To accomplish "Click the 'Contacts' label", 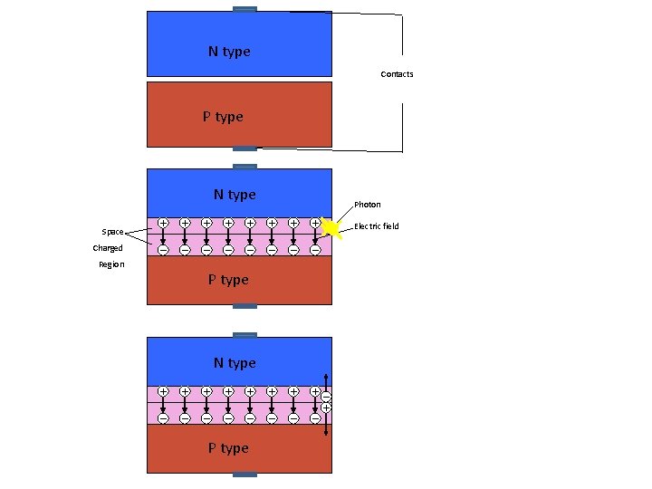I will (397, 74).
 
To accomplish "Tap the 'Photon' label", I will (368, 205).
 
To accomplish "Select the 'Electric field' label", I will (377, 226).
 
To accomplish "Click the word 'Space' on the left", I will (112, 232).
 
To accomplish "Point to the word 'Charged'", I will (108, 248).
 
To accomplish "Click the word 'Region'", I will (111, 264).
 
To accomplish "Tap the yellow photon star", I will (332, 229).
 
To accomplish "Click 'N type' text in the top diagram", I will (229, 52).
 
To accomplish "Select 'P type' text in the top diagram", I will (223, 117).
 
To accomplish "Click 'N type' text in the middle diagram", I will (235, 195).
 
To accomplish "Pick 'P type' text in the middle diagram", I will (228, 280).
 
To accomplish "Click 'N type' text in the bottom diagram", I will (235, 363).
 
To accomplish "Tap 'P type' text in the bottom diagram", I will (228, 448).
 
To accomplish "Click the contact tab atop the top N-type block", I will (244, 9).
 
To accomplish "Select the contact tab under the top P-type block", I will (244, 149).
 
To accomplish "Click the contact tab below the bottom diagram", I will (244, 475).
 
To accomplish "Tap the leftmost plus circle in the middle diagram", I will (162, 222).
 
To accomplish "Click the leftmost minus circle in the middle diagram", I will (162, 250).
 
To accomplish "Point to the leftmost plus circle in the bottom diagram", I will (162, 390).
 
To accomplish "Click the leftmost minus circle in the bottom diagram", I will (162, 418).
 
